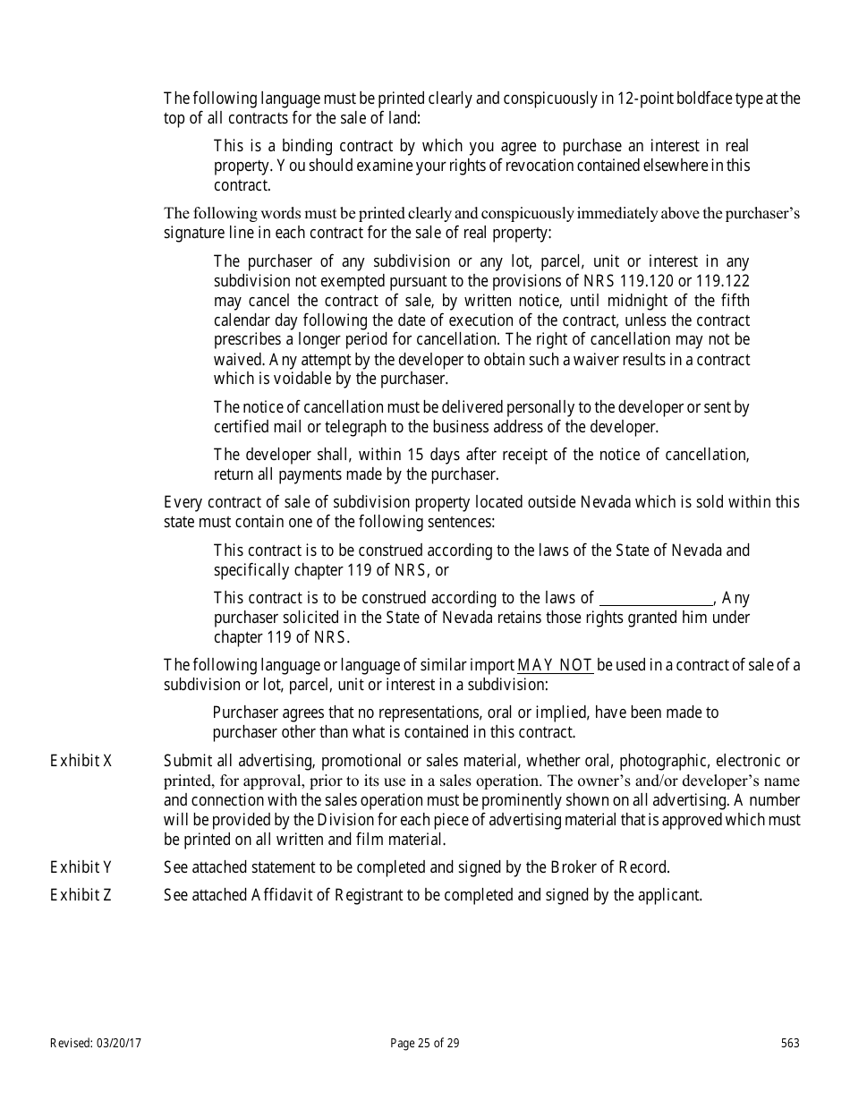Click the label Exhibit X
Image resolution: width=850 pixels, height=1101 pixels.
(81, 761)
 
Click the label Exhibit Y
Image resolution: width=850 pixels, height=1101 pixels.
(81, 866)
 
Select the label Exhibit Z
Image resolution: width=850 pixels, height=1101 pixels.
(81, 894)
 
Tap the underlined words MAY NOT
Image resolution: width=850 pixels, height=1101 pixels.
(556, 664)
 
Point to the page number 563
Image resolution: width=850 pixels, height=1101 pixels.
(790, 1043)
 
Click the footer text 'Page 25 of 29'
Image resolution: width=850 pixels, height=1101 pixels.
(425, 1043)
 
